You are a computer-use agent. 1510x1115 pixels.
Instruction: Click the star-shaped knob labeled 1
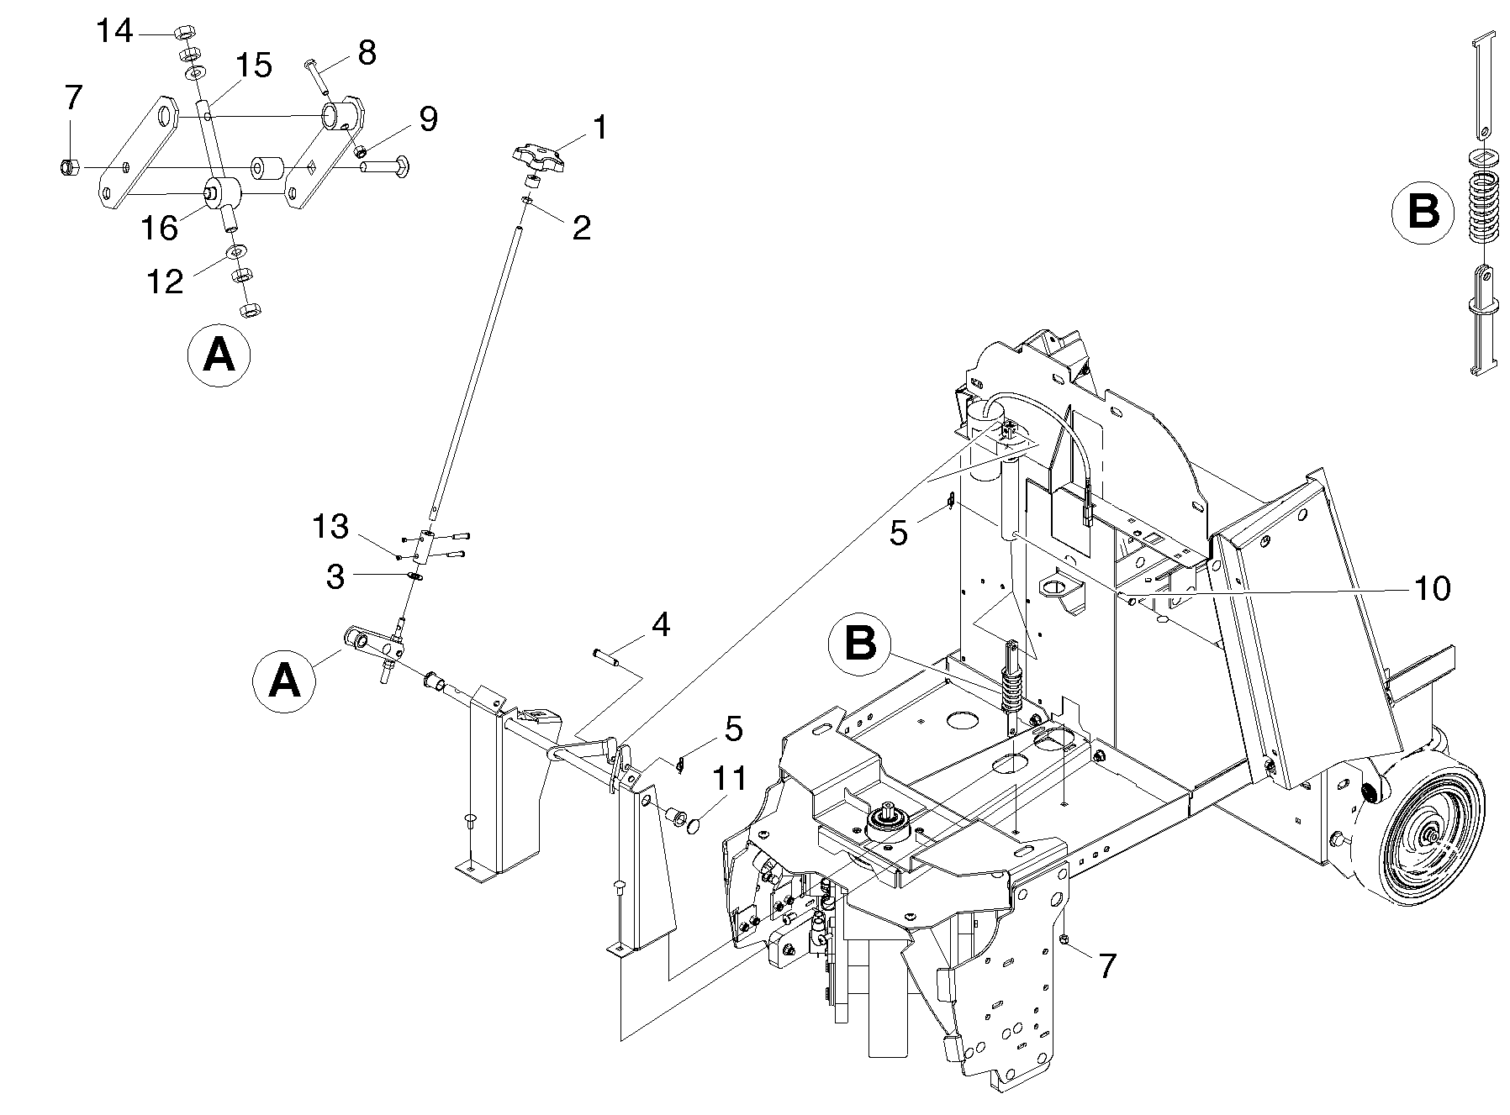[535, 156]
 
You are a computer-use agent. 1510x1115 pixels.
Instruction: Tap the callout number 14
[114, 32]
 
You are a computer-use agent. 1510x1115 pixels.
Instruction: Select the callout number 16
[160, 228]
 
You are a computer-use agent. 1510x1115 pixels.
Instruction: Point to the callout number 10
[1433, 588]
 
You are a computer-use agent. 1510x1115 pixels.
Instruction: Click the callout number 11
[731, 778]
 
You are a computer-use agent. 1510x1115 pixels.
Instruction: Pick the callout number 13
[330, 527]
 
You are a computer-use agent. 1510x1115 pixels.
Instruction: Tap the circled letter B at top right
[1423, 211]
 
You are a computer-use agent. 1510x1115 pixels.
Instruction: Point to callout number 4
[661, 624]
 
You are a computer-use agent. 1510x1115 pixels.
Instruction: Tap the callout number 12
[165, 281]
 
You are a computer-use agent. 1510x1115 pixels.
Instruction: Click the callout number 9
[429, 119]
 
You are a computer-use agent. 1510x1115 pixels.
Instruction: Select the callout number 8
[367, 52]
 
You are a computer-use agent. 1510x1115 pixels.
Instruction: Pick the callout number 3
[335, 577]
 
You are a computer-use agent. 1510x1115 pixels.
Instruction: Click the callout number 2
[581, 227]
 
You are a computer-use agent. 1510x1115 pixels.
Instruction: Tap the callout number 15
[253, 65]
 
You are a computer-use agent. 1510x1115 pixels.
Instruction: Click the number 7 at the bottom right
[1107, 965]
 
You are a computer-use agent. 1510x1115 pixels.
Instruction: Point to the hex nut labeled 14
[183, 34]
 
